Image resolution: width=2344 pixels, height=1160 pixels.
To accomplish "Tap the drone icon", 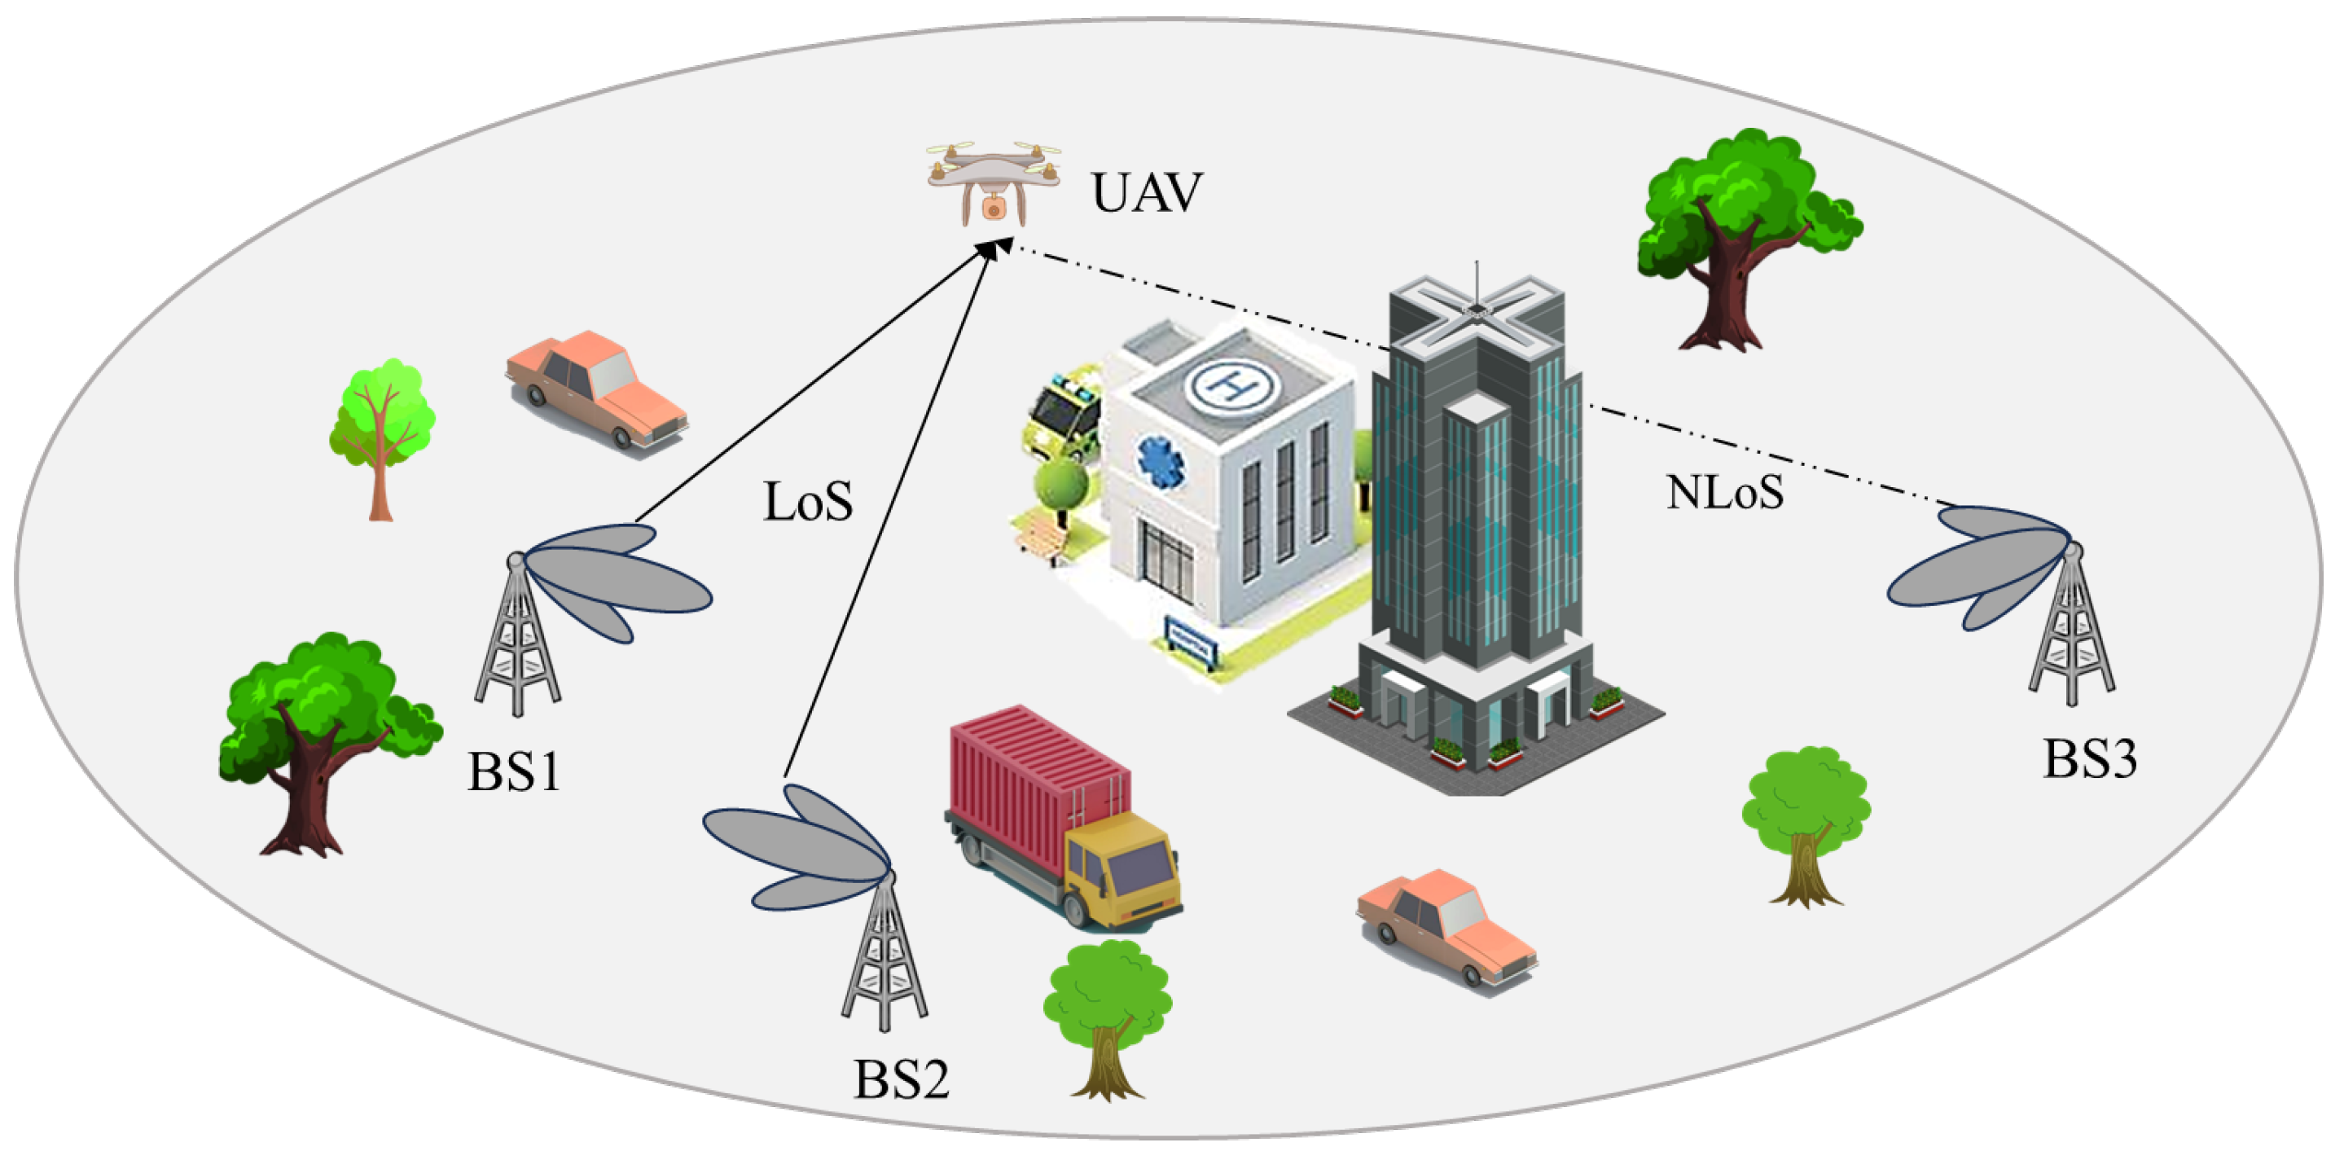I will (x=994, y=182).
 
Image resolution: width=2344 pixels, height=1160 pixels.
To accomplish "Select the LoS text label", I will (x=807, y=503).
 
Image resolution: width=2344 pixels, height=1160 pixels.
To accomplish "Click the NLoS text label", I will (x=1724, y=492).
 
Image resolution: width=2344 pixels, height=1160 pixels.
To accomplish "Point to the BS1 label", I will (x=514, y=771).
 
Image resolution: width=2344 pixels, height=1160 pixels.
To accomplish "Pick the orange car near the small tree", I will (x=596, y=389).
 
